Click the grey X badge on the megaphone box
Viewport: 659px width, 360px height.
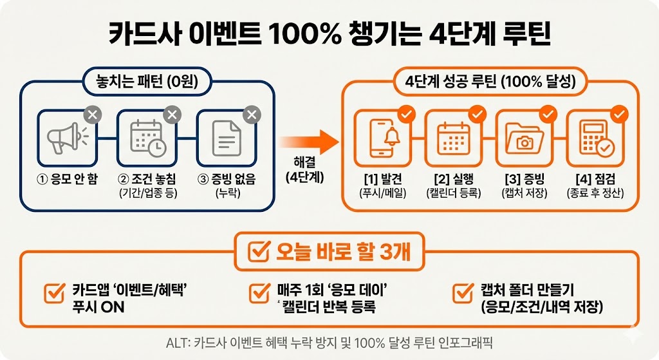click(93, 115)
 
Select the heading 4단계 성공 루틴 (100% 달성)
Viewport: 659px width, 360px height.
click(490, 82)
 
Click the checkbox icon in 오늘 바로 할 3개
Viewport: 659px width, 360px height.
click(258, 252)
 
